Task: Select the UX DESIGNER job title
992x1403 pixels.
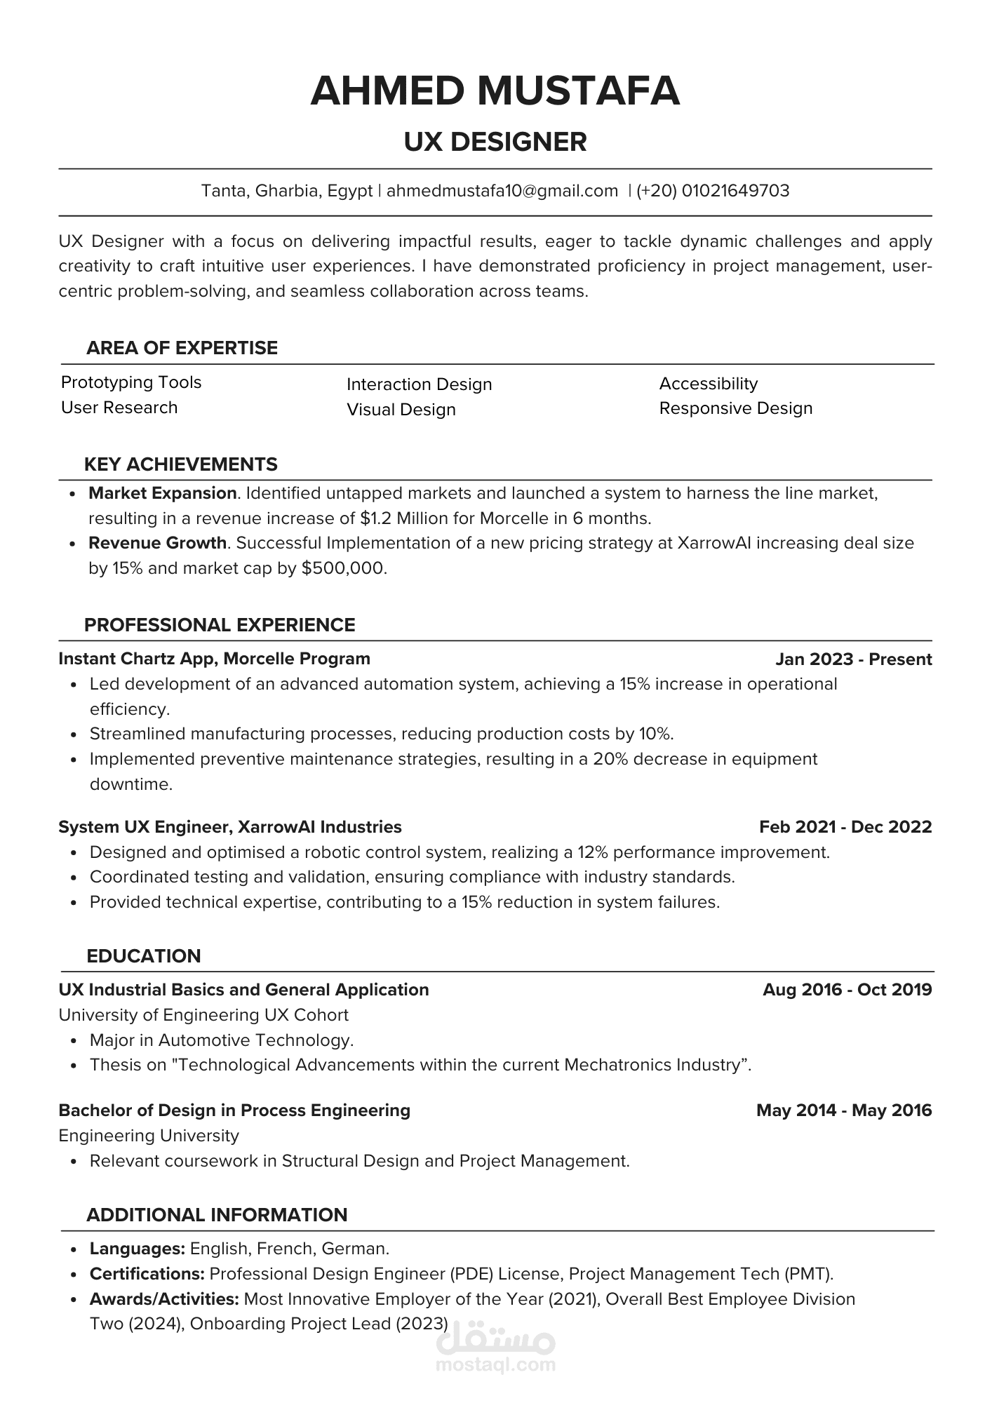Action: (495, 142)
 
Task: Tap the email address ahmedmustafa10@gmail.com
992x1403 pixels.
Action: (502, 191)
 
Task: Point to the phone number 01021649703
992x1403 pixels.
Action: (735, 191)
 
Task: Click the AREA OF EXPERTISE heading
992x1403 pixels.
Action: (182, 348)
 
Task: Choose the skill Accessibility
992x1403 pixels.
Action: (709, 384)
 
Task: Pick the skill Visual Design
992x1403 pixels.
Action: (401, 410)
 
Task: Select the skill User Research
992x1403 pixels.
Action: (119, 408)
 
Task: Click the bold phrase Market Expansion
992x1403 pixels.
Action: (162, 493)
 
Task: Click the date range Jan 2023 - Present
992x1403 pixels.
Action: (853, 659)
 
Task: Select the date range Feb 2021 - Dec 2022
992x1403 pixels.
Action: (845, 827)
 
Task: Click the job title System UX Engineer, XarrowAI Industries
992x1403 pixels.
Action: (230, 827)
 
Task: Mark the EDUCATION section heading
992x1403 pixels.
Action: (144, 956)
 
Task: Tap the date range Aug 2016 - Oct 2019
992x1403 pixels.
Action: (847, 990)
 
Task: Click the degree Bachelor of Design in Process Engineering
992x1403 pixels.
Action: (234, 1110)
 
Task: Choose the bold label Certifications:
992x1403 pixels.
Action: (147, 1274)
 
